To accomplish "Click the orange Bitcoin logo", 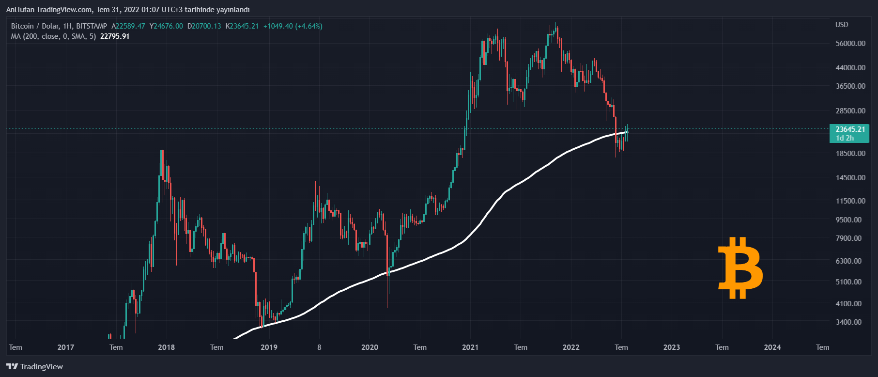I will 740,268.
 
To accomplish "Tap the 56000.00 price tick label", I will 850,43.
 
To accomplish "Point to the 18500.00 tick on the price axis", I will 850,153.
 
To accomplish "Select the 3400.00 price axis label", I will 848,322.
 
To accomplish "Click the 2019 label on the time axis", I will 269,347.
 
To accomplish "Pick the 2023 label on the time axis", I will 671,347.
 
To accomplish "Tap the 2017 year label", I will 66,347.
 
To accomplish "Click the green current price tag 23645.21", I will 850,129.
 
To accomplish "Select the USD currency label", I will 842,25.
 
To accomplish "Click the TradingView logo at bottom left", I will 35,366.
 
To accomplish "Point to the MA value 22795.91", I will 115,36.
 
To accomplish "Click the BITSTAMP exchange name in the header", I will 92,26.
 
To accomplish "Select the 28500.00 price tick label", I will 850,110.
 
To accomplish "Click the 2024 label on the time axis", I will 772,347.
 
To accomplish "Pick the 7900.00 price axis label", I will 848,238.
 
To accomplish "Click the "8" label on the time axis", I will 319,347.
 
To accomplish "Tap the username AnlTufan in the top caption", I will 20,10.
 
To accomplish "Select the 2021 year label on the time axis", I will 470,347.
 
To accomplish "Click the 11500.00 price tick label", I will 850,201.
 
